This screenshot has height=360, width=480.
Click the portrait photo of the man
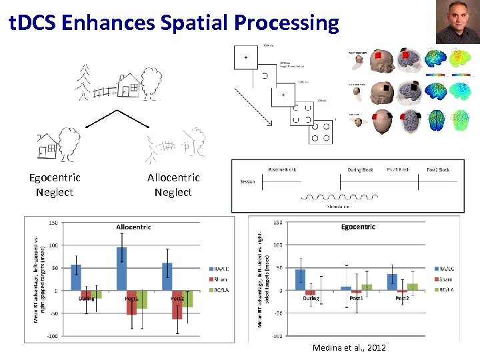(457, 22)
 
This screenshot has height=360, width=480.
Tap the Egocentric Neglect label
(55, 185)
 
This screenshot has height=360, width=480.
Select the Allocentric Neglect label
(173, 185)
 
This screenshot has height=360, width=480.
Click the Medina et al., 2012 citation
(349, 348)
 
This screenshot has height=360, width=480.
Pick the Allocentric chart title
(133, 227)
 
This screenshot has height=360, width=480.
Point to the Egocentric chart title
(359, 227)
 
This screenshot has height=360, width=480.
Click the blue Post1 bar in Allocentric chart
(121, 269)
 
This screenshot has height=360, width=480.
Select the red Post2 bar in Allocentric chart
(177, 305)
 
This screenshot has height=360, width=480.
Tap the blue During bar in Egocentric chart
(301, 279)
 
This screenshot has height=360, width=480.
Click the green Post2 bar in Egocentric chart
(413, 287)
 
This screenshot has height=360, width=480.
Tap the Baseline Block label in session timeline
(282, 169)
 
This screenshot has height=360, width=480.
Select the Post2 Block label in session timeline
(437, 169)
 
